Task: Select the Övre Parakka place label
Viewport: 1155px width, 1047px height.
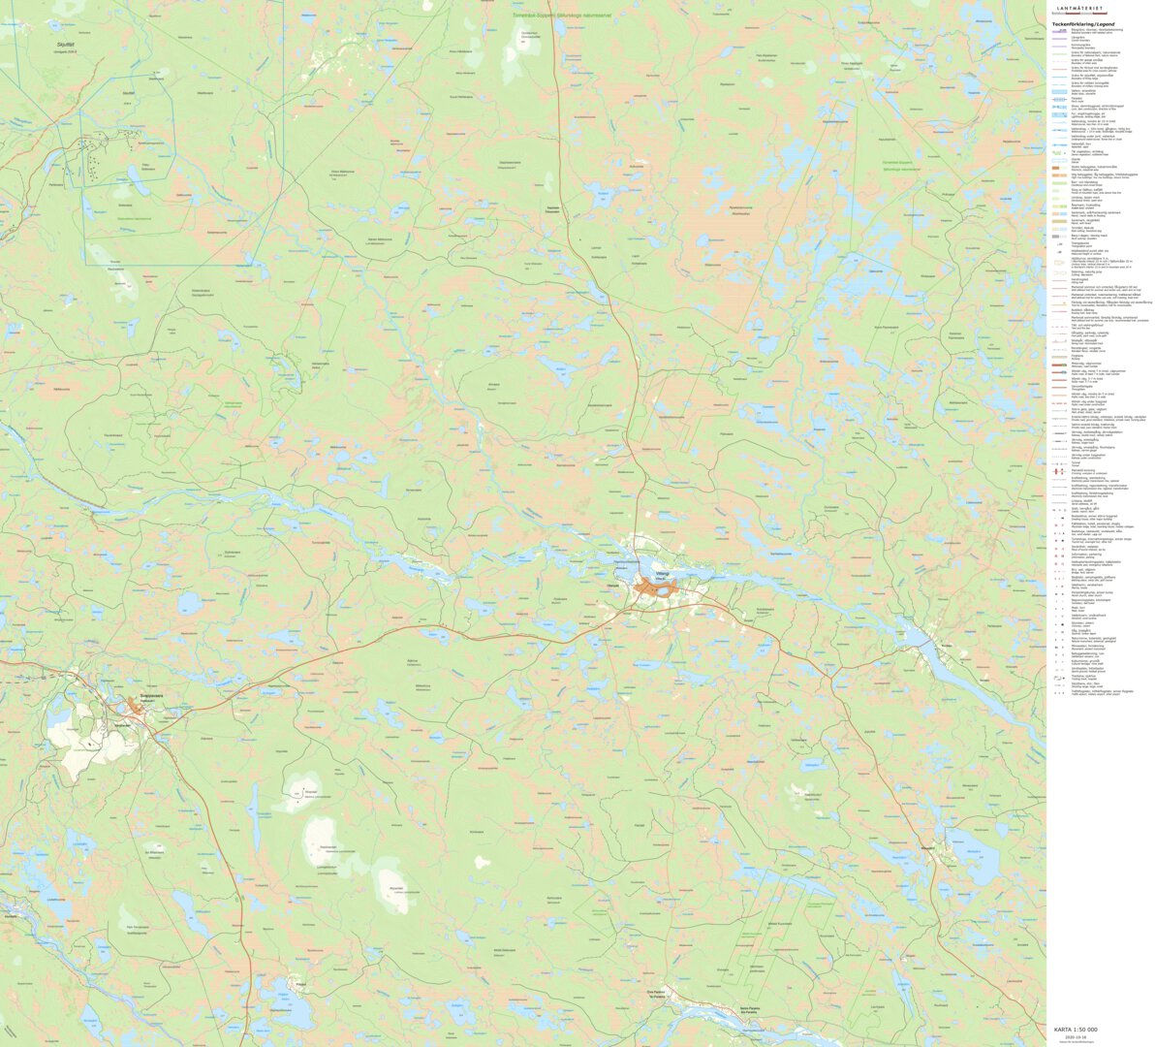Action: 656,992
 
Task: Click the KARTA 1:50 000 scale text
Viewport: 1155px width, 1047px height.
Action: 1076,1030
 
